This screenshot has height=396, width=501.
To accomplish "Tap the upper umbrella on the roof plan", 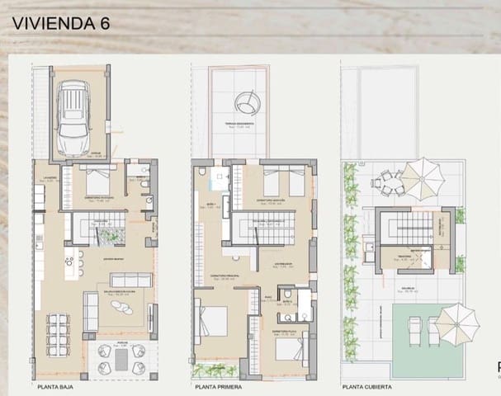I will click(x=426, y=173).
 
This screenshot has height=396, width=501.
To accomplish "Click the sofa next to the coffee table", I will click(x=90, y=311).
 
